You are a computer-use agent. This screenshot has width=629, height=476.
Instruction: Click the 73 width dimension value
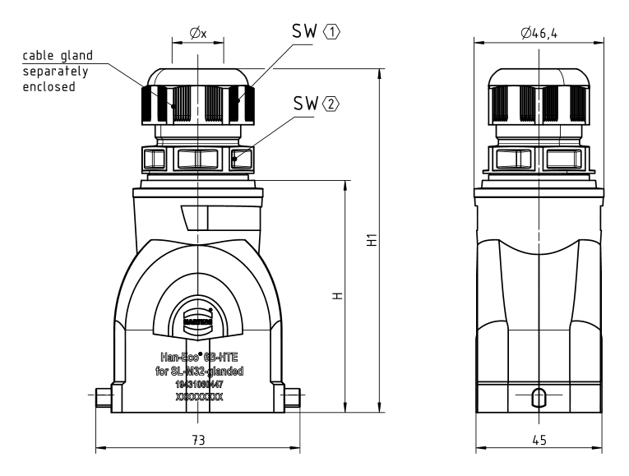tap(198, 440)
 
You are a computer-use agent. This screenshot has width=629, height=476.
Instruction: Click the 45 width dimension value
tap(539, 440)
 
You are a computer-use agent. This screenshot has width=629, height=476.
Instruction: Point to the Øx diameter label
tap(197, 33)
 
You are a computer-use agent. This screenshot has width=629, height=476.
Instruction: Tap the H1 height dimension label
tap(372, 242)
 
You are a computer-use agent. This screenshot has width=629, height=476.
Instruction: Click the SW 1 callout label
tap(316, 30)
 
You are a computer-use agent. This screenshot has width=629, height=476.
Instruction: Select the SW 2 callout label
tap(316, 104)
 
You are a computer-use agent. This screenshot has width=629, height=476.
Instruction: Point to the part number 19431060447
tap(198, 383)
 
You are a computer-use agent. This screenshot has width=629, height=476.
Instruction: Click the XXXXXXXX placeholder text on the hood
tap(198, 396)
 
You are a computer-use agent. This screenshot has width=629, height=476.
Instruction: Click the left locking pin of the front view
tap(102, 399)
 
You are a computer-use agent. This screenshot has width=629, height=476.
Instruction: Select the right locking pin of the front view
tap(294, 399)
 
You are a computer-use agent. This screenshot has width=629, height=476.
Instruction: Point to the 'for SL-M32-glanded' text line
tap(198, 371)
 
